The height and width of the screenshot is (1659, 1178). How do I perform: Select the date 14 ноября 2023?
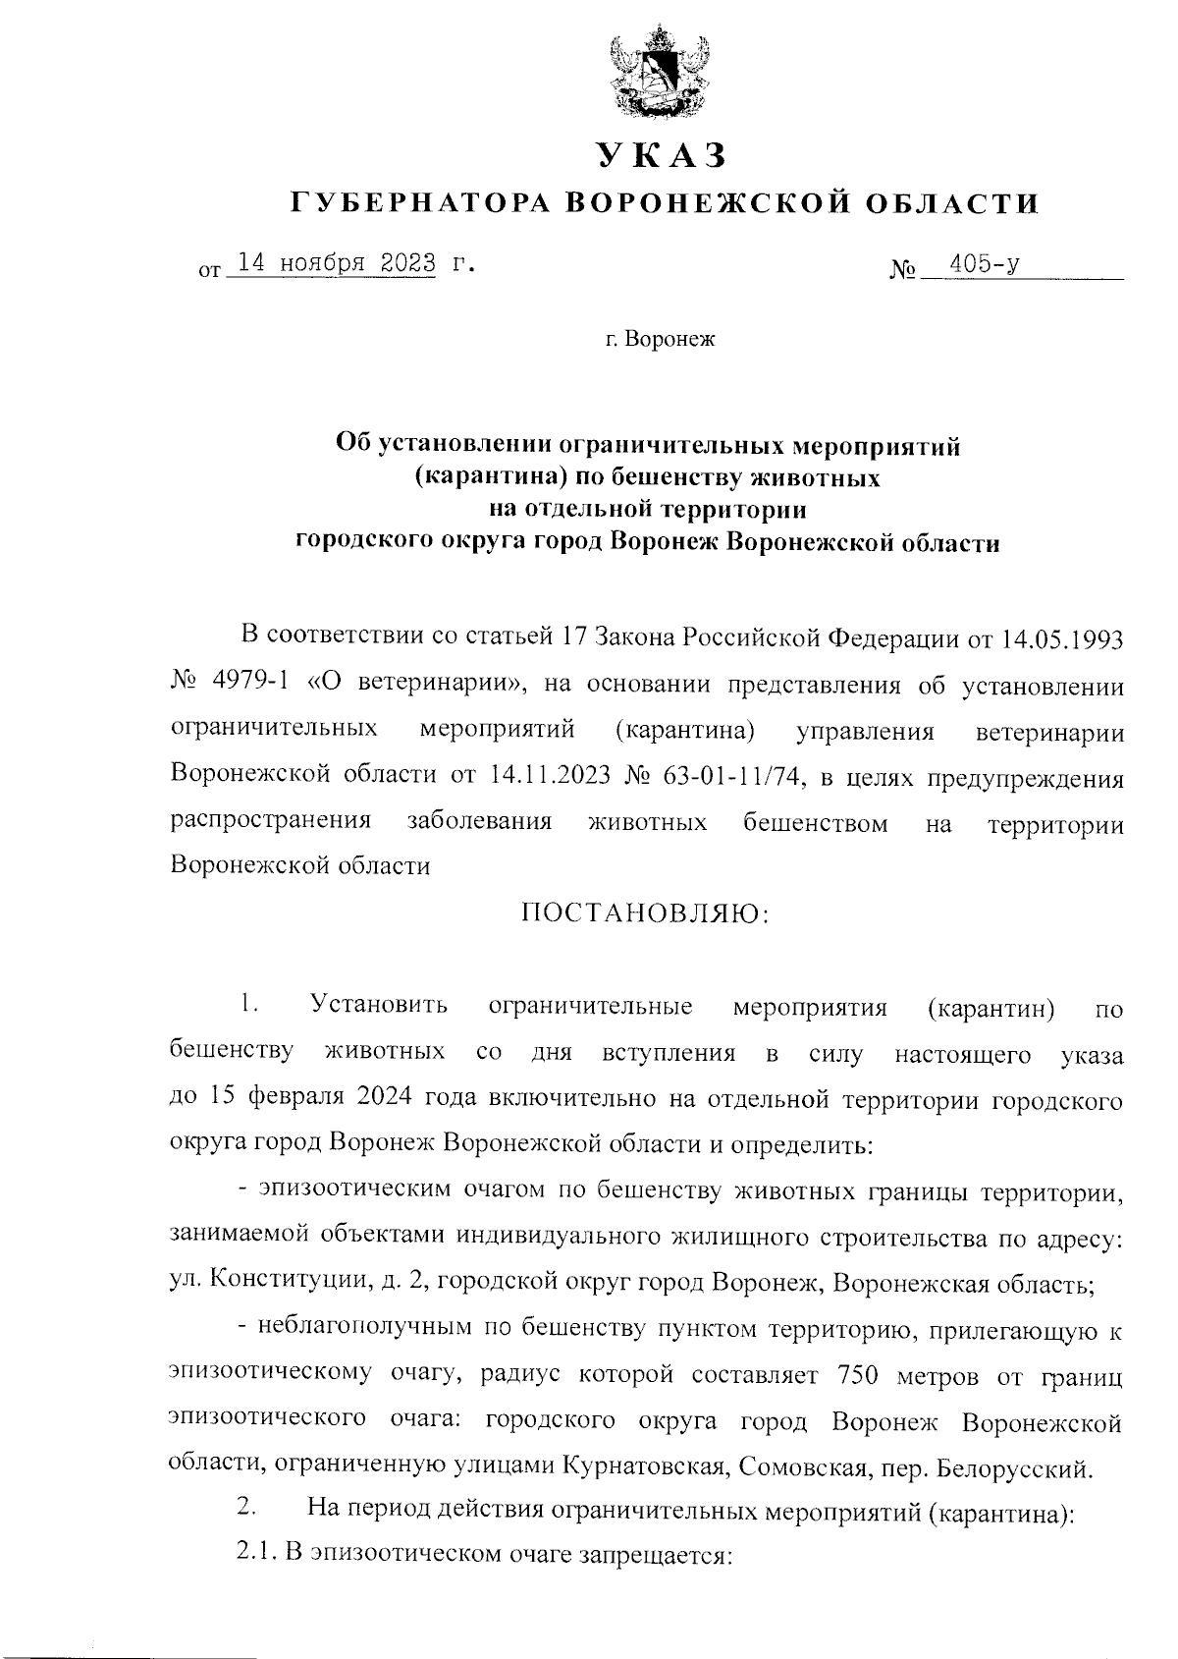pyautogui.click(x=330, y=263)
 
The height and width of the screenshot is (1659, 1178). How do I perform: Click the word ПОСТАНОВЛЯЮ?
pyautogui.click(x=645, y=912)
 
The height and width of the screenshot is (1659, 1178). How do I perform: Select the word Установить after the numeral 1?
pyautogui.click(x=379, y=1006)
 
